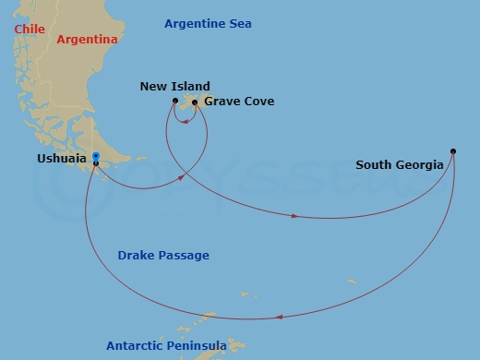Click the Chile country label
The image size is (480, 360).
(x=30, y=30)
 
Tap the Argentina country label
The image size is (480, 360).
(x=87, y=40)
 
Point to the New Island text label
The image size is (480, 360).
(x=174, y=87)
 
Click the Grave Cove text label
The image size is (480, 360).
(x=239, y=101)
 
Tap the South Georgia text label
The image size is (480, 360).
(x=400, y=166)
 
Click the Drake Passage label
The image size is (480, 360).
(x=163, y=255)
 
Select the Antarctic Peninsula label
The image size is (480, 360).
(x=166, y=346)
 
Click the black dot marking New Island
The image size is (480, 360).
(x=175, y=100)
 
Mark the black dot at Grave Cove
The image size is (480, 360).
(x=195, y=102)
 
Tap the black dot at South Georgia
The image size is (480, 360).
(x=453, y=150)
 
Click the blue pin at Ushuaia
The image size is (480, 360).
(x=96, y=158)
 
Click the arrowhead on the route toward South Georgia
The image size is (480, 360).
(x=294, y=216)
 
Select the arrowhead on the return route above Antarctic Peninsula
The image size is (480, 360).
(x=279, y=318)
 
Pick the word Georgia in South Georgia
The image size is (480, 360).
(x=421, y=166)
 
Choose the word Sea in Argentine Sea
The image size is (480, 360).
(x=239, y=23)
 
